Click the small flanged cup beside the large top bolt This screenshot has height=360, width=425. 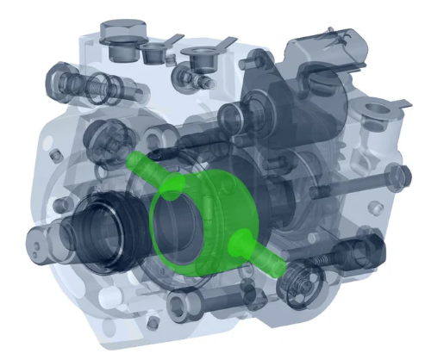[158, 53]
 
